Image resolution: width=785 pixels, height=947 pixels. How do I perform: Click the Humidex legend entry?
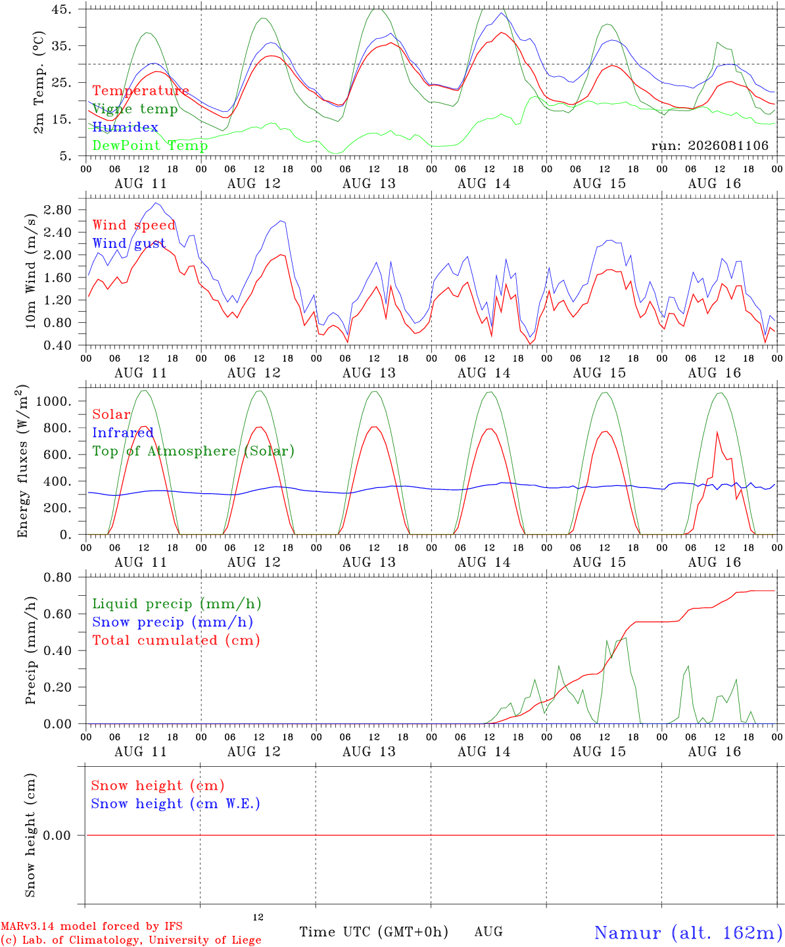(125, 127)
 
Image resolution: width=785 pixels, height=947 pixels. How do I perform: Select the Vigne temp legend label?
(135, 109)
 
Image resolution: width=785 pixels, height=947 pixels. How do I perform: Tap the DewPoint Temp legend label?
(150, 145)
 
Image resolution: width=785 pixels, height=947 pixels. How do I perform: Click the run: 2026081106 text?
(710, 145)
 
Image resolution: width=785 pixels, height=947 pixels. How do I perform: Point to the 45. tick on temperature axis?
(62, 9)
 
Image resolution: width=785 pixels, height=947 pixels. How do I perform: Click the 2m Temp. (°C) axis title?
(39, 83)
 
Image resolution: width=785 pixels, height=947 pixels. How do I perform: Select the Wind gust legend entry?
(129, 243)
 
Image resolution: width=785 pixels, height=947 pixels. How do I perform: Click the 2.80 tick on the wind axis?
(58, 210)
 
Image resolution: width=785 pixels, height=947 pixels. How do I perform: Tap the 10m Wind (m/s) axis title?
(30, 271)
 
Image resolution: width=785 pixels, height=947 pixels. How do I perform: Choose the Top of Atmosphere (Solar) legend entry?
(193, 451)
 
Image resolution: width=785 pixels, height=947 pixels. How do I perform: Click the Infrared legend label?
(123, 433)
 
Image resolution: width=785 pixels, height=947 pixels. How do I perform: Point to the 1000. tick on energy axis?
(54, 401)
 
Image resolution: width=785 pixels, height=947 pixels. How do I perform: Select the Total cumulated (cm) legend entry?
(176, 640)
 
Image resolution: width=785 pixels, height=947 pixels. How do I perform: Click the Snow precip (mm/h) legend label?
(172, 622)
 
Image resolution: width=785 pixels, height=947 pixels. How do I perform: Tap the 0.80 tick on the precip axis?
(58, 577)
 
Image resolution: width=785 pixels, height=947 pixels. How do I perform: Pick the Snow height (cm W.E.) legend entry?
(176, 803)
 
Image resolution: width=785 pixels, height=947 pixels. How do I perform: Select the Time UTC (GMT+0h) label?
(373, 932)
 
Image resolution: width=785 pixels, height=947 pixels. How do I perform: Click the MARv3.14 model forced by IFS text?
(91, 926)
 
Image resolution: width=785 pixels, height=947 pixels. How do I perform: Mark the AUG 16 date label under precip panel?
(714, 752)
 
